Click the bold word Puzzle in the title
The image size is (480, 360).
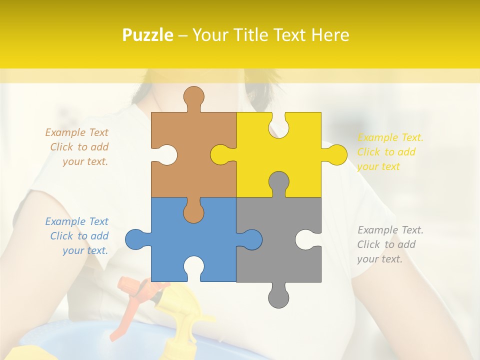click(148, 35)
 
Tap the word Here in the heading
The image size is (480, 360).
click(329, 35)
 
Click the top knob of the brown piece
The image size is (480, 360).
click(193, 97)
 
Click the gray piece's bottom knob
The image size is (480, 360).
click(278, 297)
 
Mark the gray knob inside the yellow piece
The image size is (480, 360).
click(278, 182)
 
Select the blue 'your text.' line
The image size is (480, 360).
click(85, 250)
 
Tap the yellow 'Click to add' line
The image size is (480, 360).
click(386, 152)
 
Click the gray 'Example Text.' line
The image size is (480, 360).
click(390, 230)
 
